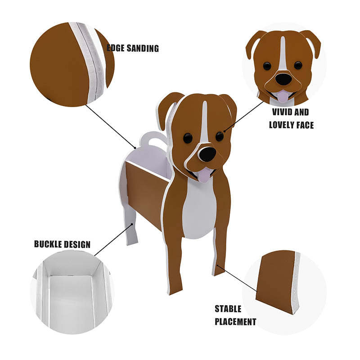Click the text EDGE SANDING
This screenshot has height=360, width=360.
(133, 48)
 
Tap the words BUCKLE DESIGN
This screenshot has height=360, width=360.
(62, 244)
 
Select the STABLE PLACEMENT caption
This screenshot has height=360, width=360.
(235, 315)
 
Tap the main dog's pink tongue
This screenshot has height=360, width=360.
(204, 175)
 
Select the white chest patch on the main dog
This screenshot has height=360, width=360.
(198, 207)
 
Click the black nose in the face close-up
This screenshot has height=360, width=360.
(283, 79)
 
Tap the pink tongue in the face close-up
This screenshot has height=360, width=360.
(282, 96)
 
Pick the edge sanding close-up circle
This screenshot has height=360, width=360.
(67, 63)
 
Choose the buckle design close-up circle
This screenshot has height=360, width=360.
(72, 292)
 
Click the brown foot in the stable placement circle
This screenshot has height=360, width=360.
(274, 281)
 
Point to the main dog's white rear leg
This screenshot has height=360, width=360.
(130, 229)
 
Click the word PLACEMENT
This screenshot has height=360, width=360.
(235, 321)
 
